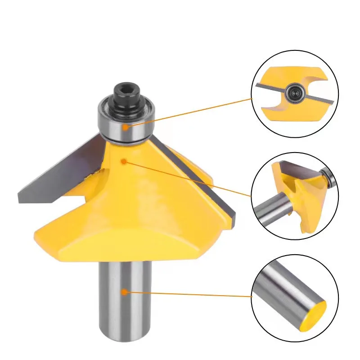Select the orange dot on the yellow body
(x=123, y=160)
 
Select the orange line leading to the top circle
(x=189, y=113)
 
